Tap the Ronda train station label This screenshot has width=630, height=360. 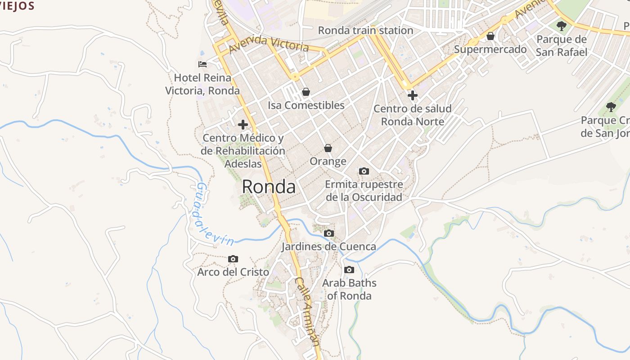coord(365,31)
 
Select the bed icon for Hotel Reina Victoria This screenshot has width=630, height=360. coord(202,64)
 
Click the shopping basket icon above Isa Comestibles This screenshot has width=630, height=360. coord(306,92)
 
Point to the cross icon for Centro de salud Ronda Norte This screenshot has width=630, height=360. coord(412,95)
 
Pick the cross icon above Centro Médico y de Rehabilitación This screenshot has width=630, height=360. coord(243,124)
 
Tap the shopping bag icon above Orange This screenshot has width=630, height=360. coord(328,148)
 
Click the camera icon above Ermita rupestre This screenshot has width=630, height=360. coord(364,171)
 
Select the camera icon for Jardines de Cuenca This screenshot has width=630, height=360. coord(329,233)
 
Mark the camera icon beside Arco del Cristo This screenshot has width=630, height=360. coord(233,259)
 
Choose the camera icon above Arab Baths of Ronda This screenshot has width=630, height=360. coord(349,270)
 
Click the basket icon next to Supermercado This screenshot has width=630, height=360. coord(490,36)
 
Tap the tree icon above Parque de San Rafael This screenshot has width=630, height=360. coord(561,26)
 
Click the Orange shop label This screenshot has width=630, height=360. coord(328,162)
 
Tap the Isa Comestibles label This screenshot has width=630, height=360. coord(306,105)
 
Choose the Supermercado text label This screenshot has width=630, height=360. coord(490,49)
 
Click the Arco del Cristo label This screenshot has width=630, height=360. coord(233,272)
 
